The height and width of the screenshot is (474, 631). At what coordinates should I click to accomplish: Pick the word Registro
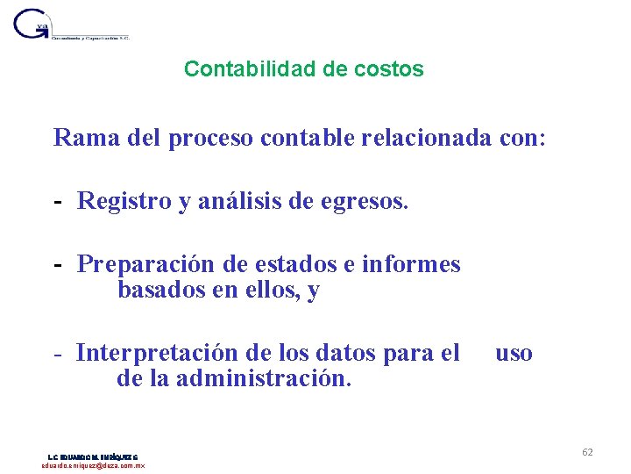pos(124,201)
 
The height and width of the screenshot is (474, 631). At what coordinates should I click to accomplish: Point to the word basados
pos(159,291)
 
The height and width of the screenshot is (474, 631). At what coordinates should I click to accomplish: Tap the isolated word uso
pos(514,353)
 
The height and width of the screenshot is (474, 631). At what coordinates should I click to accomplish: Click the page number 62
pos(587,452)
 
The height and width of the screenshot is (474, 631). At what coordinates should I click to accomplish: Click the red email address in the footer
pos(94,465)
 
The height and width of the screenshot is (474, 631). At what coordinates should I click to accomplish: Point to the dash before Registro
pos(58,202)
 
